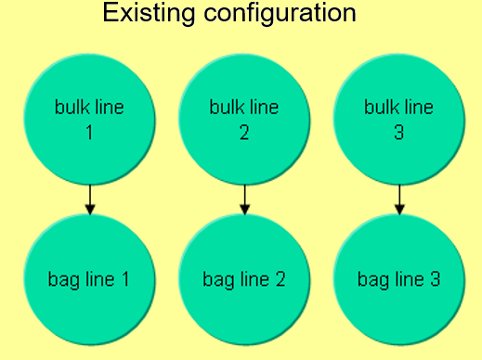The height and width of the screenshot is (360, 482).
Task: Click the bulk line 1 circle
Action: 89,120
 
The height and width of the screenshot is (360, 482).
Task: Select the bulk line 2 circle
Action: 244,120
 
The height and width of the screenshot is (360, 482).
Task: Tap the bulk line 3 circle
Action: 399,120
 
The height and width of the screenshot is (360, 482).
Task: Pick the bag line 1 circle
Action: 89,277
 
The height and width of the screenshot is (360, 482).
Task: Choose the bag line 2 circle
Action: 244,277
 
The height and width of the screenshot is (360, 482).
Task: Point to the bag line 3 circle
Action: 399,277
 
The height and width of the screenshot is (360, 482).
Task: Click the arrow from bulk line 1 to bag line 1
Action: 89,199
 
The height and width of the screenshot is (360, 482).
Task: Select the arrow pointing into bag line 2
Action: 244,199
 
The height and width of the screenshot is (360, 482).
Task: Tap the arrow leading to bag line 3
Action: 399,199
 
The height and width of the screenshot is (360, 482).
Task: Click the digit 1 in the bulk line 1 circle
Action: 89,132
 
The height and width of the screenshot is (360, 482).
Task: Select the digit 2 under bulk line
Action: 244,132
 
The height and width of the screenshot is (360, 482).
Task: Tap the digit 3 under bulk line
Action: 399,132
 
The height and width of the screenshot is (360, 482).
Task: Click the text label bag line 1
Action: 89,277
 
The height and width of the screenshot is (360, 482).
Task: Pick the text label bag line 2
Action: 244,277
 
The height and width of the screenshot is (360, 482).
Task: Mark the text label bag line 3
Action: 399,277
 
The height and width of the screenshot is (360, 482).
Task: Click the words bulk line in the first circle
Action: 89,108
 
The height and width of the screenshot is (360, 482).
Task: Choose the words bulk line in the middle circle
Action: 244,108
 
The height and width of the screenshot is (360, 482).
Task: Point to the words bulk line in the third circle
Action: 399,108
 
